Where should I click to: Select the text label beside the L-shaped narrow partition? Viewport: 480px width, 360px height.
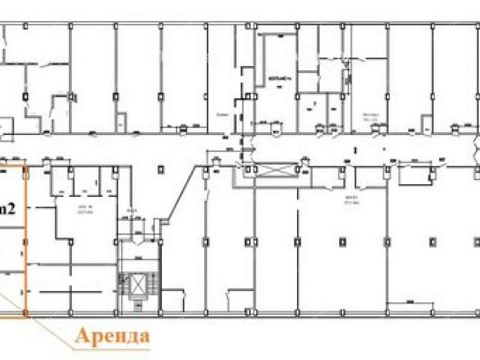pyautogui.click(x=275, y=79)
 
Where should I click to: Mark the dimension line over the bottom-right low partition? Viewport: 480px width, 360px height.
pyautogui.click(x=411, y=302)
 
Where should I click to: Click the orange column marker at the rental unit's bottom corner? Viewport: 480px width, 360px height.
pyautogui.click(x=25, y=313)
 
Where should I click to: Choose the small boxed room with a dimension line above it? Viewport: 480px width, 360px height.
pyautogui.click(x=414, y=174)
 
